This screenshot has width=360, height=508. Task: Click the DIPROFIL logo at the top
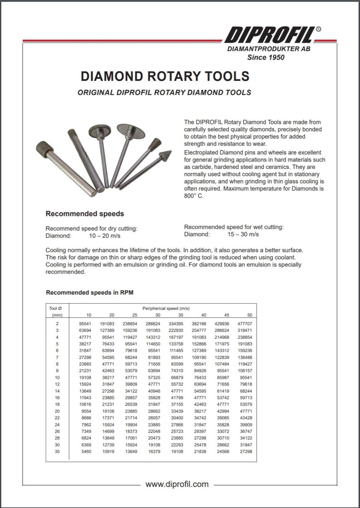pyautogui.click(x=269, y=35)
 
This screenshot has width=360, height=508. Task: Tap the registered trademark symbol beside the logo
pyautogui.click(x=318, y=29)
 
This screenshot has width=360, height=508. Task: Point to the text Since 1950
pyautogui.click(x=266, y=57)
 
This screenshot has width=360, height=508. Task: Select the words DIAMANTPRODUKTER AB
pyautogui.click(x=268, y=49)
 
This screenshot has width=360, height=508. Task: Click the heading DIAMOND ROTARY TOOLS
pyautogui.click(x=165, y=76)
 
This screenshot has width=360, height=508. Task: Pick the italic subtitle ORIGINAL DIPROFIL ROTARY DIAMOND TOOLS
pyautogui.click(x=164, y=92)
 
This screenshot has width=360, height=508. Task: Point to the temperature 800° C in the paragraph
pyautogui.click(x=194, y=196)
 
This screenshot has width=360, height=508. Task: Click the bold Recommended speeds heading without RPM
pyautogui.click(x=85, y=214)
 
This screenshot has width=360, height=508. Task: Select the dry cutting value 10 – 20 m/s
pyautogui.click(x=104, y=236)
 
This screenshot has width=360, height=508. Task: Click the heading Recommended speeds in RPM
pyautogui.click(x=90, y=292)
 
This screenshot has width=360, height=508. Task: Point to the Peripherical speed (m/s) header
pyautogui.click(x=166, y=308)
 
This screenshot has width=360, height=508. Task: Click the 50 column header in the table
pyautogui.click(x=249, y=315)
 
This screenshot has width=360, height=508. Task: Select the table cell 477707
pyautogui.click(x=246, y=323)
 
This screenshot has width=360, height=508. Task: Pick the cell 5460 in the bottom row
pyautogui.click(x=86, y=451)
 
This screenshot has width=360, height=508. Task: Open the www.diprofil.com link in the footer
pyautogui.click(x=177, y=484)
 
